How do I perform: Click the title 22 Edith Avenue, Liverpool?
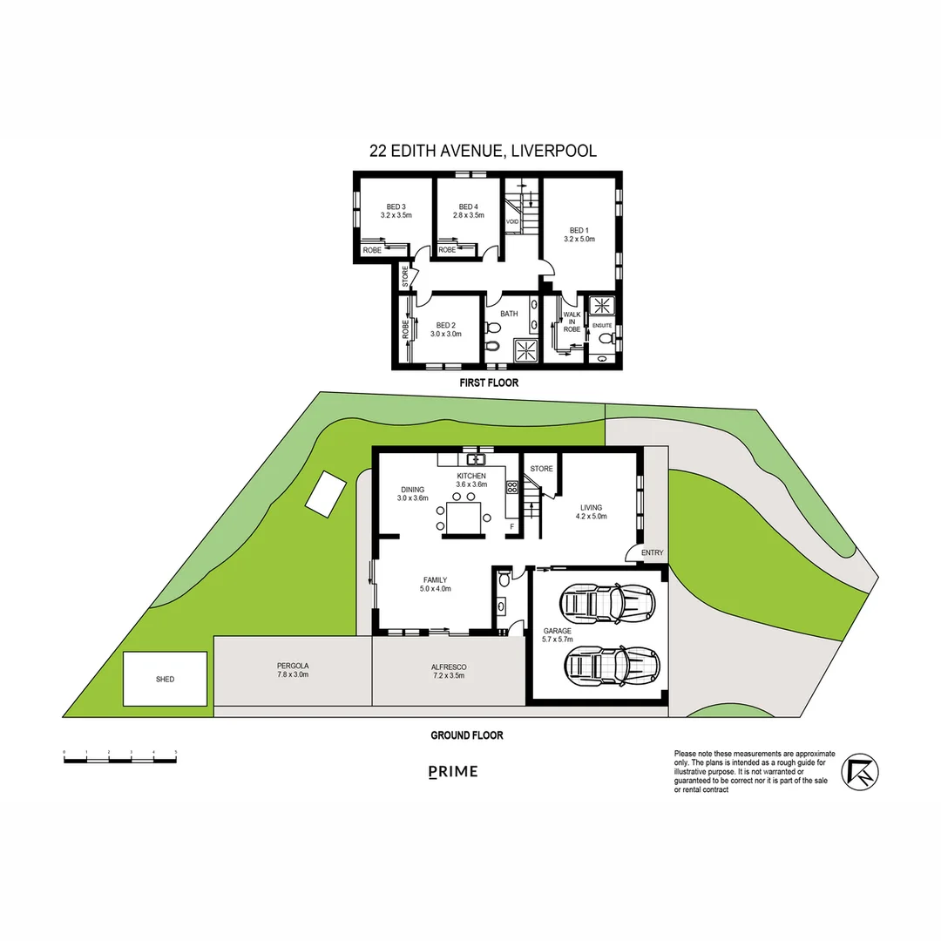[x=483, y=151]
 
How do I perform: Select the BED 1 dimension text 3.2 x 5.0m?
[x=579, y=239]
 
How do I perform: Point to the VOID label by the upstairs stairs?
[x=512, y=222]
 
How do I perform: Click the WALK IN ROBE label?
[x=572, y=322]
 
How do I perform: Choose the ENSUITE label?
[x=602, y=325]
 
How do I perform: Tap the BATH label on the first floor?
[x=509, y=314]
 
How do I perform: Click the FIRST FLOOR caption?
[x=489, y=382]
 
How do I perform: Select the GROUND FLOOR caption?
[x=467, y=735]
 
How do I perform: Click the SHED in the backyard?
[x=165, y=679]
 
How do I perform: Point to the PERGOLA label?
[x=293, y=666]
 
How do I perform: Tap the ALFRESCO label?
[x=448, y=667]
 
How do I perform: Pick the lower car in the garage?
[x=612, y=664]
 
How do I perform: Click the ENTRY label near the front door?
[x=652, y=552]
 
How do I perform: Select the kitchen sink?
[x=475, y=458]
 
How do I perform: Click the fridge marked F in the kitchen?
[x=511, y=526]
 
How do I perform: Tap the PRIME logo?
[x=453, y=771]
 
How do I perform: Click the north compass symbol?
[x=860, y=769]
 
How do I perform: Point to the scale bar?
[x=120, y=760]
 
